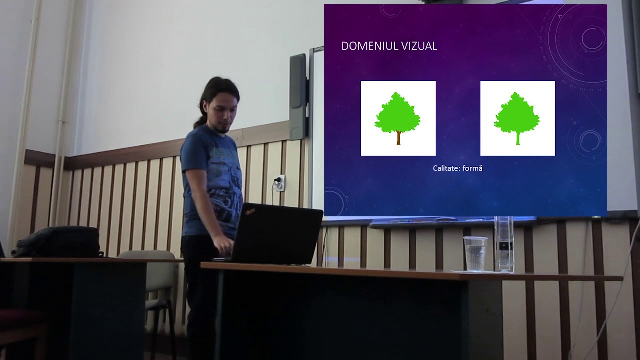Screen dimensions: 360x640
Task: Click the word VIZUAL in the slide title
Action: [422, 46]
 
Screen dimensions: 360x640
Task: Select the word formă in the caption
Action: [472, 169]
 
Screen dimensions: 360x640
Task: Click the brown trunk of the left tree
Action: [398, 138]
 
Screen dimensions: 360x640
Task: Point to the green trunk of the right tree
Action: [517, 138]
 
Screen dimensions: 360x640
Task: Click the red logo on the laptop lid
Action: [249, 212]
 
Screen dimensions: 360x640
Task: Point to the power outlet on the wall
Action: [279, 183]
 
